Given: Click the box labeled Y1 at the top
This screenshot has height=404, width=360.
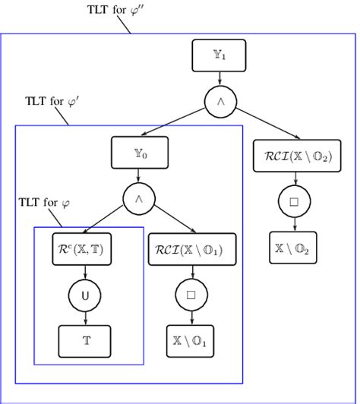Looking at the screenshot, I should coord(219,54).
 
